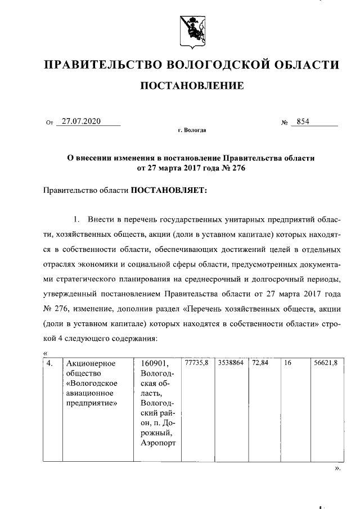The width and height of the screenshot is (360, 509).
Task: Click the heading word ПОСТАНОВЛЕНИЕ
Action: click(191, 86)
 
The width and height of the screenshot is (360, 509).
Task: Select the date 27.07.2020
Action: click(81, 121)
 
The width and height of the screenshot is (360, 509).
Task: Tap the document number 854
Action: click(303, 121)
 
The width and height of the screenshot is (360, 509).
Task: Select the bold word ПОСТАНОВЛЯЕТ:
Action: click(169, 191)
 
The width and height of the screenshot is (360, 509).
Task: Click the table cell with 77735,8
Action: click(197, 363)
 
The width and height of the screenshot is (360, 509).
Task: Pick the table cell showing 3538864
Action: click(231, 363)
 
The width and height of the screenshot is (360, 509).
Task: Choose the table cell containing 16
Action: click(287, 363)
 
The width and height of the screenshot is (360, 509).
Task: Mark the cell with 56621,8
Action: click(326, 363)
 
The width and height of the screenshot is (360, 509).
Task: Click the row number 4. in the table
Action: click(51, 363)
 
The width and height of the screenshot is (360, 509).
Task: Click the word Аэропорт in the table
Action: click(159, 444)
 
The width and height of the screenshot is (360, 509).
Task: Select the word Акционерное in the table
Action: click(91, 363)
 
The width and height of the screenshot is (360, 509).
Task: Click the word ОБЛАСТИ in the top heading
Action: click(307, 65)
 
